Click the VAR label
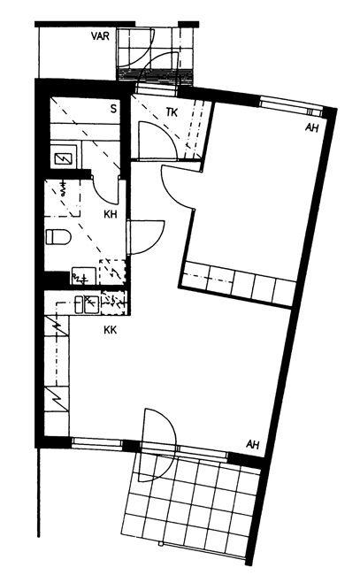coord(100,36)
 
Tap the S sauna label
coord(113,109)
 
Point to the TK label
coord(172,111)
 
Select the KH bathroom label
coord(111,214)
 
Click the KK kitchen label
coord(110,330)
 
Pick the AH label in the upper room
coord(311,128)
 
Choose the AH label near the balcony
coord(253,444)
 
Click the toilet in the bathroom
coord(58,236)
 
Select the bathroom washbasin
coord(84,276)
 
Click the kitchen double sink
coord(87,304)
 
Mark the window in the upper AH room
coord(291,106)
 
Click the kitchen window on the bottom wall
coord(96,443)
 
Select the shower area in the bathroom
coord(62,198)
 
